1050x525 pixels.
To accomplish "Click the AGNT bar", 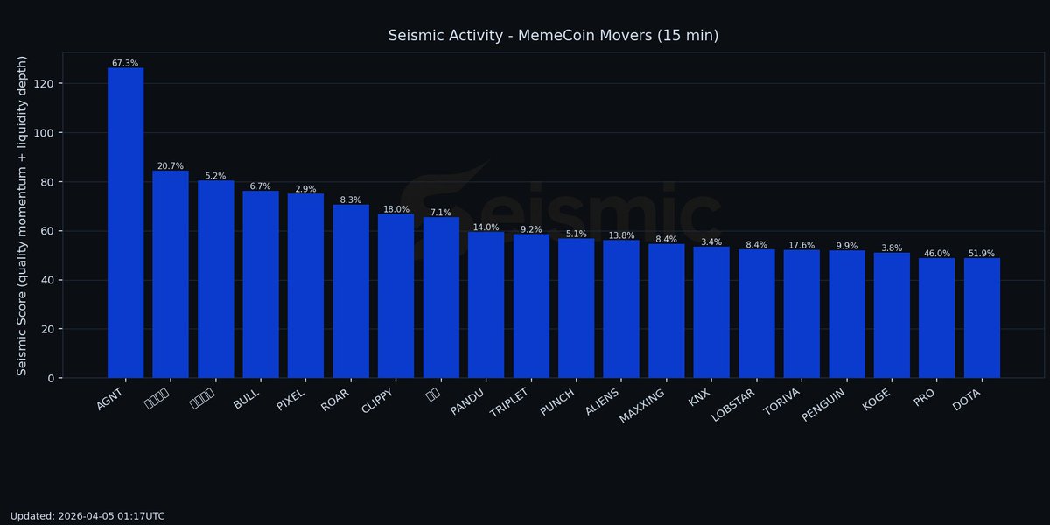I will coord(125,223).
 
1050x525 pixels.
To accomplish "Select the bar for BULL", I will coord(261,284).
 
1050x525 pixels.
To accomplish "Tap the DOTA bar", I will coord(982,318).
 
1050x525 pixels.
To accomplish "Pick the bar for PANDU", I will coord(486,304).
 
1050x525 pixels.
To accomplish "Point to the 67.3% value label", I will coord(125,63).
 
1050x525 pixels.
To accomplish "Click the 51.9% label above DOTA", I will coord(982,254).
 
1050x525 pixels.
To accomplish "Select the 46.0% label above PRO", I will coord(936,254).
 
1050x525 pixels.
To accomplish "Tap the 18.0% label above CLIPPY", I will coord(395,209).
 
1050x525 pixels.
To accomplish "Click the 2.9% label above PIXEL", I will coord(305,189).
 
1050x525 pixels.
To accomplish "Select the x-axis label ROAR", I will coord(336,398).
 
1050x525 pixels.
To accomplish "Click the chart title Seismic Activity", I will coord(553,35).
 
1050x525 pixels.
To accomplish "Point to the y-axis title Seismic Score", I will coord(23,215).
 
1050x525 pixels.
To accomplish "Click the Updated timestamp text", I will coord(87,516).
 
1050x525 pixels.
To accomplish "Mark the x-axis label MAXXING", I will coord(642,406).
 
